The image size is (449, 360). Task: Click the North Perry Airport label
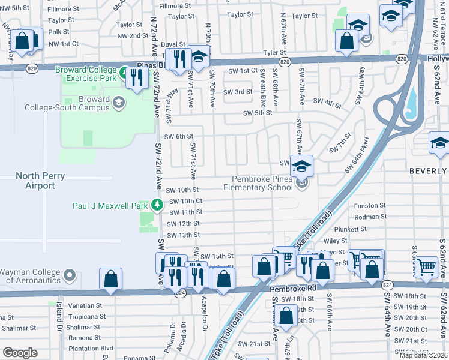36,181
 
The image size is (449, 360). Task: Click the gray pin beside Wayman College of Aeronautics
70,276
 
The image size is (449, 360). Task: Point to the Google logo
20,352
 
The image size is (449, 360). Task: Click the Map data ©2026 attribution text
423,355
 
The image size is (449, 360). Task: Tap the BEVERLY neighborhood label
429,170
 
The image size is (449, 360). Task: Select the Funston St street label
370,205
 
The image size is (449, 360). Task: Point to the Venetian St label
87,305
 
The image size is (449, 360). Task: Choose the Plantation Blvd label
91,348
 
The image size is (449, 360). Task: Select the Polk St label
59,32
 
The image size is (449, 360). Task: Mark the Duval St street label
173,44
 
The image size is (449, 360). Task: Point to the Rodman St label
370,217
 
